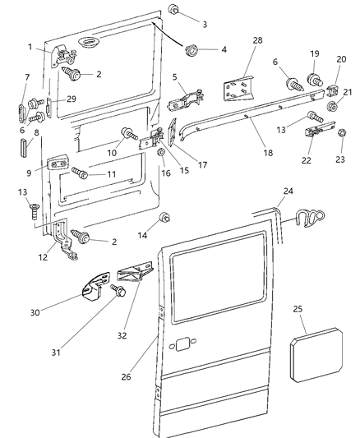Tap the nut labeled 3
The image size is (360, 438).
pos(175,11)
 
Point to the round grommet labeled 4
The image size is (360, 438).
pos(194,49)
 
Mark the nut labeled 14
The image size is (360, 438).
pos(164,218)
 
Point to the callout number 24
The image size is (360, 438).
pos(287,192)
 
